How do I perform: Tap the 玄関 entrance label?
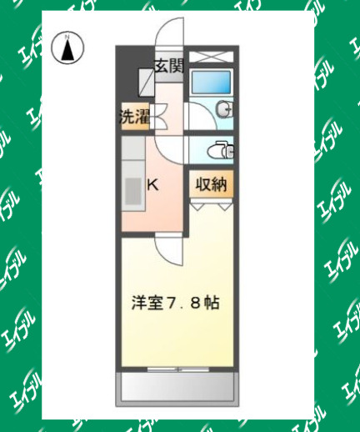pos(168,67)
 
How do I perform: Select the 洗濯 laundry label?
pos(133,117)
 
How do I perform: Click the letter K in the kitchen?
pos(153,185)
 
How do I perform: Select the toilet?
pos(222,151)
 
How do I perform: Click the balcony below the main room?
pos(177,386)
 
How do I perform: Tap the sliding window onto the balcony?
pos(177,366)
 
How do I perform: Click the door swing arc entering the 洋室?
pos(167,249)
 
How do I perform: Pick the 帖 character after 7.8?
pos(212,303)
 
